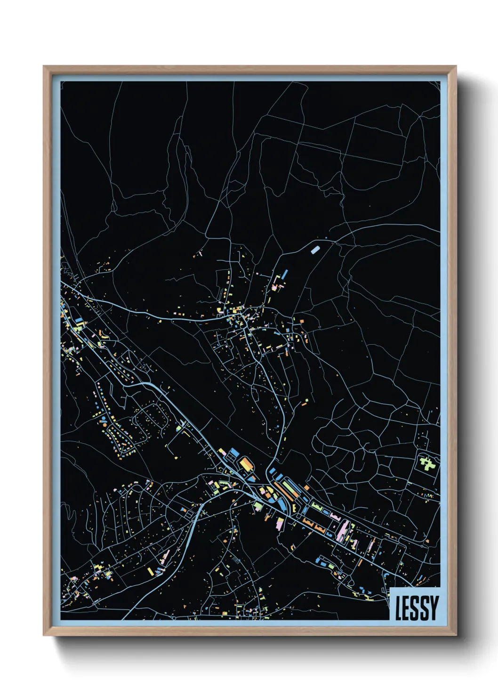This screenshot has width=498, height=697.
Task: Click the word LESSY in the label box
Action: (417, 608)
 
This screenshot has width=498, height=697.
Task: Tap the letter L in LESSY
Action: (398, 608)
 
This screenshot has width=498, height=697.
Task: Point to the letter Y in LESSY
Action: (434, 608)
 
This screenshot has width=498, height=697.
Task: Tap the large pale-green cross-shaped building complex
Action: (427, 463)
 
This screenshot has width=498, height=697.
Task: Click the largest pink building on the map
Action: (343, 530)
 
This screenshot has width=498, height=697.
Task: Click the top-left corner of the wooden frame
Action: (44, 67)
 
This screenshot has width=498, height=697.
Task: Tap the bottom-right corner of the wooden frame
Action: (456, 636)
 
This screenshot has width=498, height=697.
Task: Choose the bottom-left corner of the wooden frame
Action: (44, 636)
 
